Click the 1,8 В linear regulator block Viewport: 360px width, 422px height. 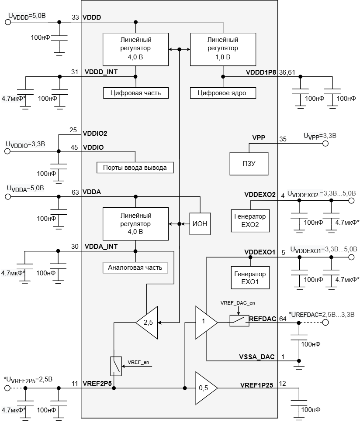223,49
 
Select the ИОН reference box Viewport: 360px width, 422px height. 200,223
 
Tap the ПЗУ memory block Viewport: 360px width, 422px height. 249,164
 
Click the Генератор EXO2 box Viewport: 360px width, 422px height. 250,221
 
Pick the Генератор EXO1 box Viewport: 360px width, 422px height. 250,278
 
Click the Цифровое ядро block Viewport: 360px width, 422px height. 223,93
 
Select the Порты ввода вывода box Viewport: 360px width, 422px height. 135,168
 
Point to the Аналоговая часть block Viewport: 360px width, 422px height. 135,268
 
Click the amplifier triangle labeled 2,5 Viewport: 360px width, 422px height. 147,323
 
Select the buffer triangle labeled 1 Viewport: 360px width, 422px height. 206,323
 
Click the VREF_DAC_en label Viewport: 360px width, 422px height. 238,303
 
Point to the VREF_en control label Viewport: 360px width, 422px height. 138,362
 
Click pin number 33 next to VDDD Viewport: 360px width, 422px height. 75,17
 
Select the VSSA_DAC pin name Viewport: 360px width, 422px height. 257,357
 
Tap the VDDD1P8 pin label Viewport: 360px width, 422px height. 261,72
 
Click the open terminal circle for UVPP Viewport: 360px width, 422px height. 325,144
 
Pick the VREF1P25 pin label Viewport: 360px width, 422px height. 256,385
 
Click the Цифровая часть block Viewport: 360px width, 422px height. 136,93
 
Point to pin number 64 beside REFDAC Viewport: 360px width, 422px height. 283,319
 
